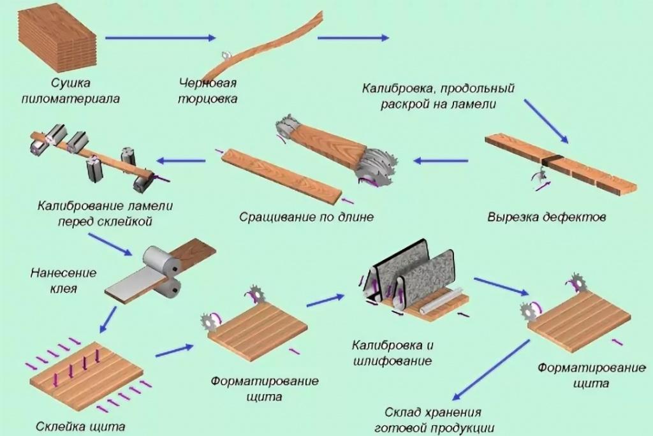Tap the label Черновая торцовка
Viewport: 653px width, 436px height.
coord(208,91)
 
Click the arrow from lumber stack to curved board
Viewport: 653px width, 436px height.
coord(160,38)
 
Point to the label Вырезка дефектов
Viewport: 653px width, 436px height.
coord(547,217)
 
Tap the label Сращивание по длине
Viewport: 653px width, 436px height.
coord(306,217)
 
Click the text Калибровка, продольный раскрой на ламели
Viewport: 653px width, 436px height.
coord(438,96)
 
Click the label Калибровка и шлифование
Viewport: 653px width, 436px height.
coord(392,353)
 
